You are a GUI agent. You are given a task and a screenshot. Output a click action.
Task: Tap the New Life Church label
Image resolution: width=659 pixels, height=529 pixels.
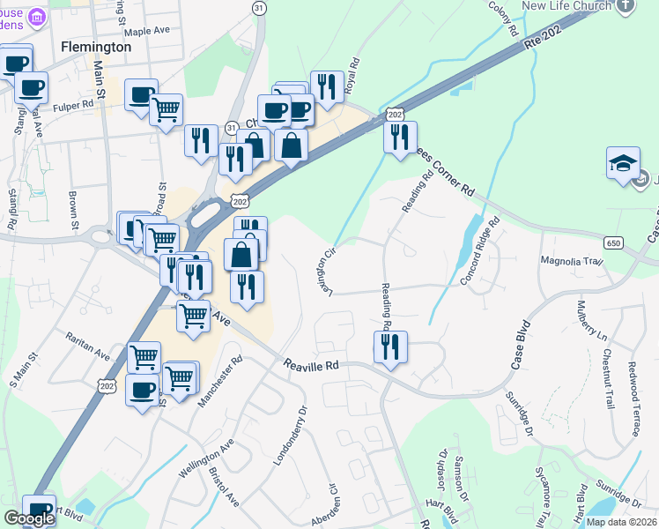click(x=567, y=5)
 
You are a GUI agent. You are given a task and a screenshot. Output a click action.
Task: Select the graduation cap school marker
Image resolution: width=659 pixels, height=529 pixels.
click(x=622, y=164)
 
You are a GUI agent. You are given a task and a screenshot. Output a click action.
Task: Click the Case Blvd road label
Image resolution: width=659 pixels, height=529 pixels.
click(x=519, y=344)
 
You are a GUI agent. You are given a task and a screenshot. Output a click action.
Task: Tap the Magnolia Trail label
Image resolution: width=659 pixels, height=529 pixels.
click(x=570, y=261)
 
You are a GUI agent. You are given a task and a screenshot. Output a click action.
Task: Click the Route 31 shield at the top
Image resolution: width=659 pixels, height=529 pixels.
click(x=258, y=7)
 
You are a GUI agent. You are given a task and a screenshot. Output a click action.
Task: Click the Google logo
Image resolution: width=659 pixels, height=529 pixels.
click(x=29, y=518)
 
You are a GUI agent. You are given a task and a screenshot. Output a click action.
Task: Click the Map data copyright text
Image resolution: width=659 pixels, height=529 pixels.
click(x=620, y=522)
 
